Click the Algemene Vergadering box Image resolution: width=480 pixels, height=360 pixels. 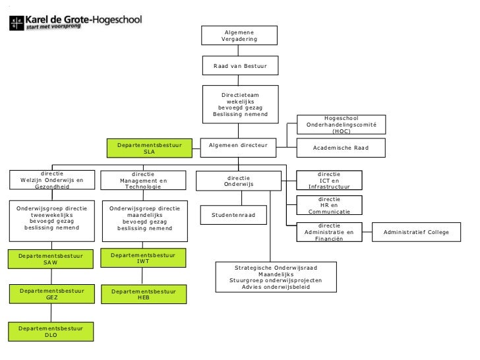[239, 36]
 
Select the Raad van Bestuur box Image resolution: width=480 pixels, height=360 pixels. [239, 67]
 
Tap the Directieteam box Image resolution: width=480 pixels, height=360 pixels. [239, 104]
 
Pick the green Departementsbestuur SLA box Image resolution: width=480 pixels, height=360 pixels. [149, 148]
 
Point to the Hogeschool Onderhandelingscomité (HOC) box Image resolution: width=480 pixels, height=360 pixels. [341, 124]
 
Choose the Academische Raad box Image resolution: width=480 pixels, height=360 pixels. [341, 148]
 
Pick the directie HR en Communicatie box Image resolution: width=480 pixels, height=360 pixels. [330, 206]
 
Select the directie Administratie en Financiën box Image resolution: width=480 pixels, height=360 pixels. [330, 232]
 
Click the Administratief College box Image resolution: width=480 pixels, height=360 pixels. [417, 232]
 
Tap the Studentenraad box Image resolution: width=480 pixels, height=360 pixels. [238, 214]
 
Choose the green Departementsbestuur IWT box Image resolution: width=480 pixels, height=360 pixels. [143, 258]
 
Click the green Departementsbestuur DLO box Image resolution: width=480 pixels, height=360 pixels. [51, 331]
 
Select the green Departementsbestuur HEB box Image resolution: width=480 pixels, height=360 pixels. [143, 294]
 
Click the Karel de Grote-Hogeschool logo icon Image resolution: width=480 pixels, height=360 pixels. [16, 22]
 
